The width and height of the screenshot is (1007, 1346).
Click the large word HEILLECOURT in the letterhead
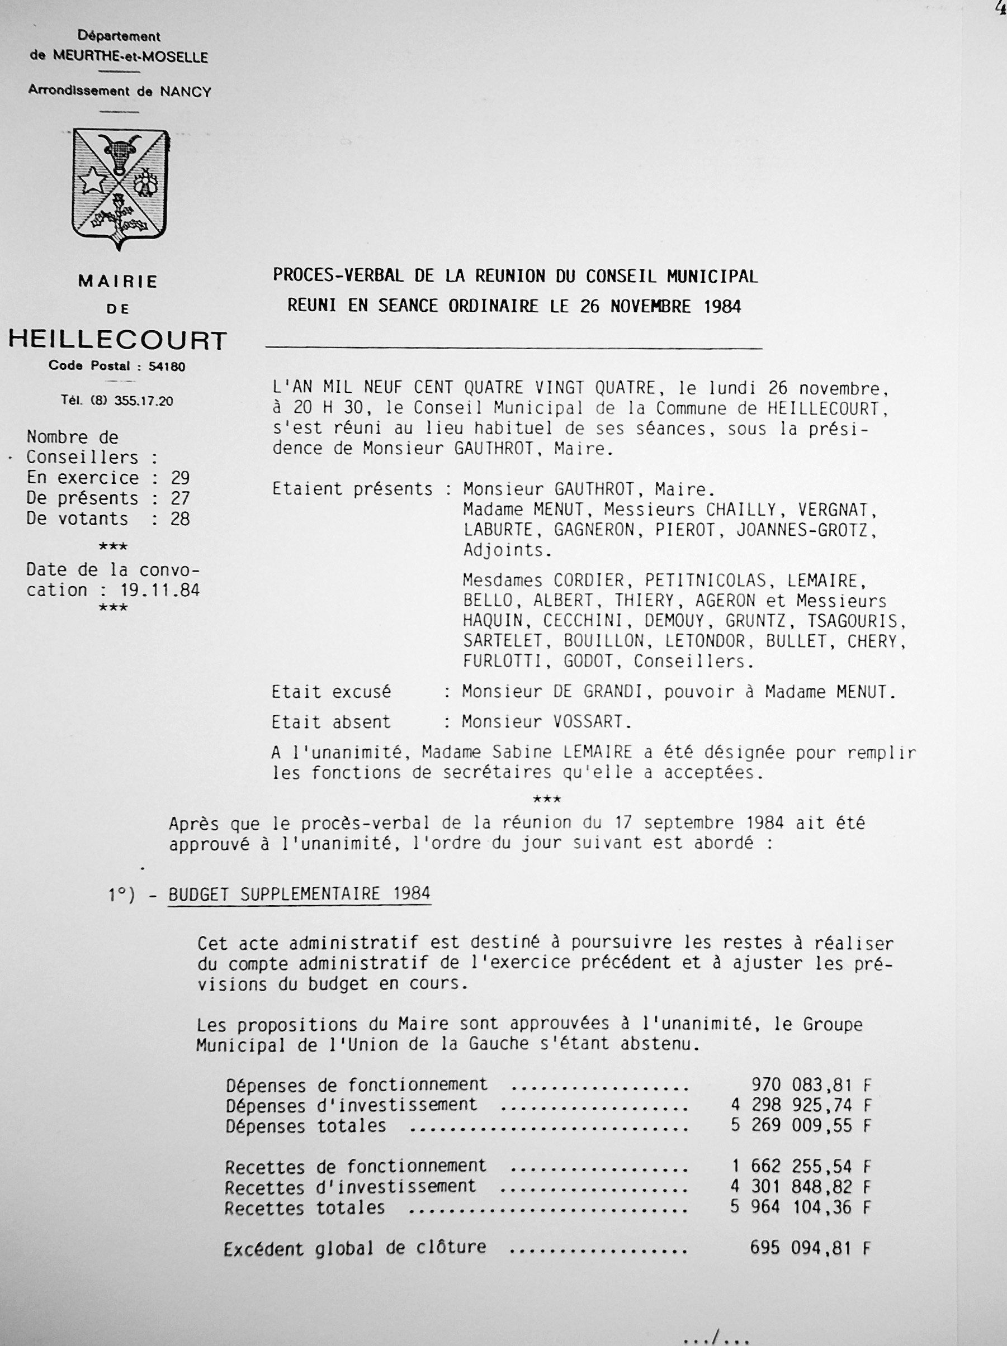[x=117, y=340]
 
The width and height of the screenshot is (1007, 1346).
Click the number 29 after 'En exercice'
[x=180, y=478]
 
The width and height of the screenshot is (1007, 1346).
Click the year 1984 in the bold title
[x=722, y=306]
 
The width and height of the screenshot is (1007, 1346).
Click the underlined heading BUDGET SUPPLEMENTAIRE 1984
[x=300, y=894]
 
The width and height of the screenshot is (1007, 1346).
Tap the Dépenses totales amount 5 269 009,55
[x=792, y=1125]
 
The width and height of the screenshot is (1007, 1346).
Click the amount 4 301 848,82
[x=792, y=1187]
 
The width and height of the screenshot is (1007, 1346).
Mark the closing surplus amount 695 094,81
[x=801, y=1249]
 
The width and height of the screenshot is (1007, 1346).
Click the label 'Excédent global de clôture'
[x=355, y=1249]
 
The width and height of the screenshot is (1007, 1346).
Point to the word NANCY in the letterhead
[x=186, y=92]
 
